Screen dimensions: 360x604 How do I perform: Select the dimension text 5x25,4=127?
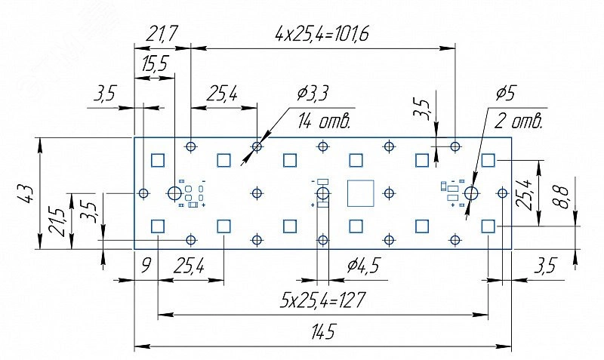(x=322, y=300)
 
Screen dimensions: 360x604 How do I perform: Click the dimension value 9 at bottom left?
(x=146, y=266)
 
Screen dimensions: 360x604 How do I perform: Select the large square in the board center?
(x=361, y=193)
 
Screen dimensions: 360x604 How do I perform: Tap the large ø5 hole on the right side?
(x=472, y=193)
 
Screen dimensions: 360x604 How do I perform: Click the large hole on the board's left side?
(x=174, y=193)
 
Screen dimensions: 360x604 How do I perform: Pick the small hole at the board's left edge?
(x=143, y=193)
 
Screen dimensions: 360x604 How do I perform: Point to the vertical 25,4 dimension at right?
(x=527, y=193)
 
